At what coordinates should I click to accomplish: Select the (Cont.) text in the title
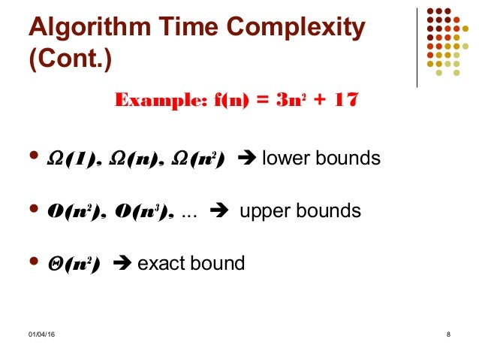pos(69,59)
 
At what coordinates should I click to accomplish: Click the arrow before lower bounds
pos(246,159)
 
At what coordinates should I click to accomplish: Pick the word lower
pos(284,159)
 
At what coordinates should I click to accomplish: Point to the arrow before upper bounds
pos(223,212)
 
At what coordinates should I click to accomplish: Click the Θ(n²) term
pos(74,264)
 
